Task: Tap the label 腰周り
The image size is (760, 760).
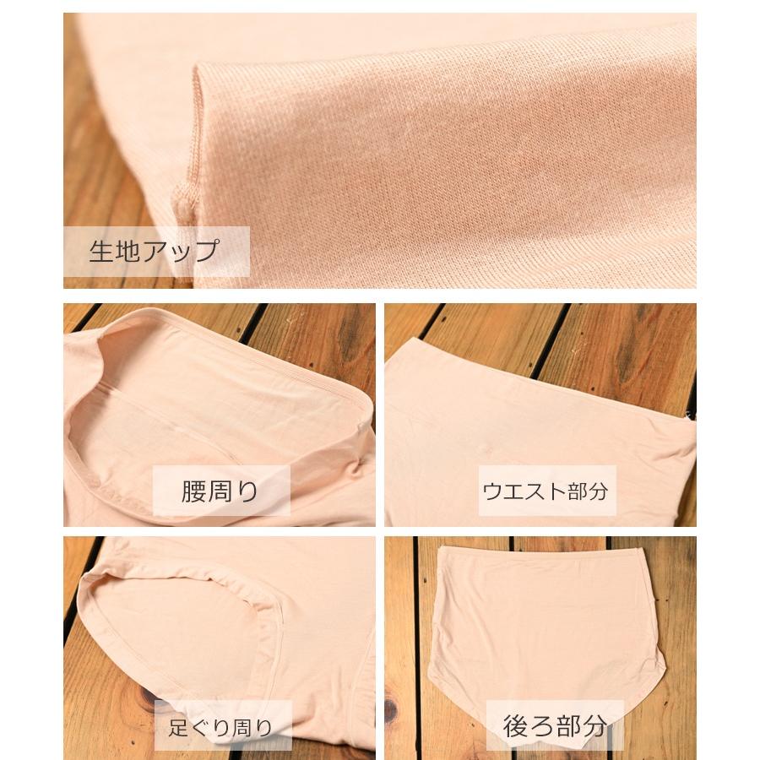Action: point(220,491)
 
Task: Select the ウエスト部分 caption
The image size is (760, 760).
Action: point(545,491)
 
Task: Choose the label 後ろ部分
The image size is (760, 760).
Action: point(555,725)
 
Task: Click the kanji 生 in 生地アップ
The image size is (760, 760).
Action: point(101,251)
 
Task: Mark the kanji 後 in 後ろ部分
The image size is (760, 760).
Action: point(516,725)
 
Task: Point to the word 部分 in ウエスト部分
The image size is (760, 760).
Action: point(588,491)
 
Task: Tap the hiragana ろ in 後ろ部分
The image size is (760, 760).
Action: point(541,725)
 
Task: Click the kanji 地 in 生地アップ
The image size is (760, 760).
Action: point(128,251)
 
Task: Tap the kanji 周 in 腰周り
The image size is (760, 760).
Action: point(220,491)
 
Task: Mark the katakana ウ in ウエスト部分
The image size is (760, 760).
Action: point(491,491)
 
